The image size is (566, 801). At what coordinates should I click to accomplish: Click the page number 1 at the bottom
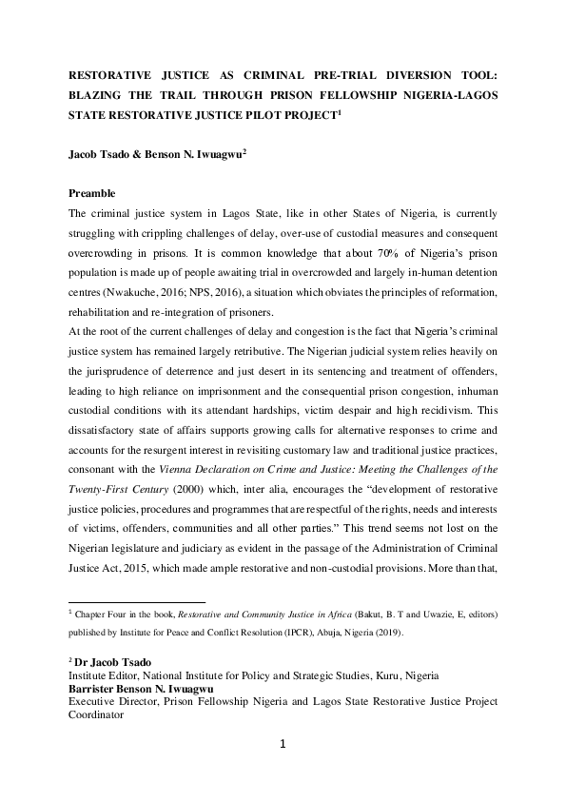coord(283,743)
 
